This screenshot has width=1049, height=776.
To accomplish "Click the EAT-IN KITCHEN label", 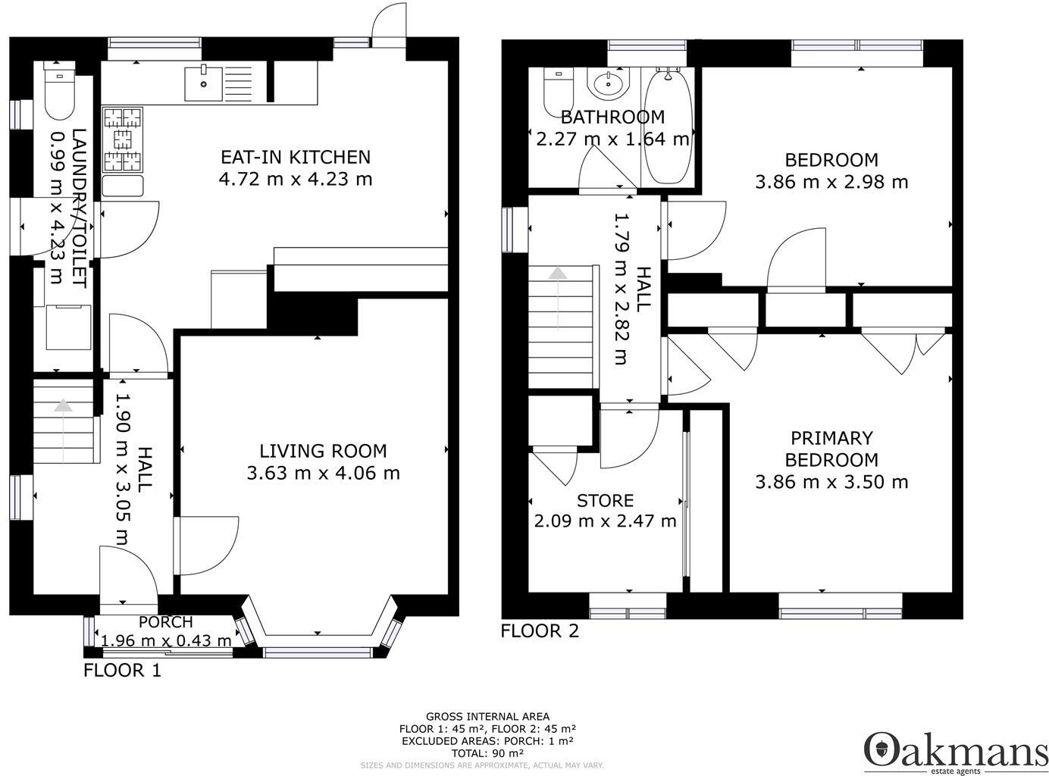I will (296, 157).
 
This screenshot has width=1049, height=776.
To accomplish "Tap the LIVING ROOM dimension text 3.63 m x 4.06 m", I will (324, 474).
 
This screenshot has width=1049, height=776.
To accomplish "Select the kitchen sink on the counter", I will (203, 83).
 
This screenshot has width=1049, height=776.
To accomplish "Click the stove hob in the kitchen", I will (123, 139).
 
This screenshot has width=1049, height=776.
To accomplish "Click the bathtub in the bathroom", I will (668, 125).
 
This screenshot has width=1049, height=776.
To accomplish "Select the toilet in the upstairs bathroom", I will (559, 90).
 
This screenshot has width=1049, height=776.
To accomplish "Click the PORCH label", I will (166, 622).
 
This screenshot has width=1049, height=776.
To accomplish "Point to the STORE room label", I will (606, 501).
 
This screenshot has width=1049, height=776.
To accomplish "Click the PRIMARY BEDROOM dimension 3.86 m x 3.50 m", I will (831, 482).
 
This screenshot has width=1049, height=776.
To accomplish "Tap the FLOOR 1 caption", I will (122, 670).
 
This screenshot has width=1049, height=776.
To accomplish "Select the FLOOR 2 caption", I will (540, 630).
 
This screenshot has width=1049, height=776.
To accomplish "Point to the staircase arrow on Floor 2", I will (558, 296).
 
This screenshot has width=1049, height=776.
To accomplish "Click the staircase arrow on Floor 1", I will (63, 429).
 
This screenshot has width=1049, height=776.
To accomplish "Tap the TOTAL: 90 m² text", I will (487, 753).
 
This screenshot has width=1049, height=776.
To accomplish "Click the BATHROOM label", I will (612, 117).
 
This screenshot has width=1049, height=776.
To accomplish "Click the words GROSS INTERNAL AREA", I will (487, 716).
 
